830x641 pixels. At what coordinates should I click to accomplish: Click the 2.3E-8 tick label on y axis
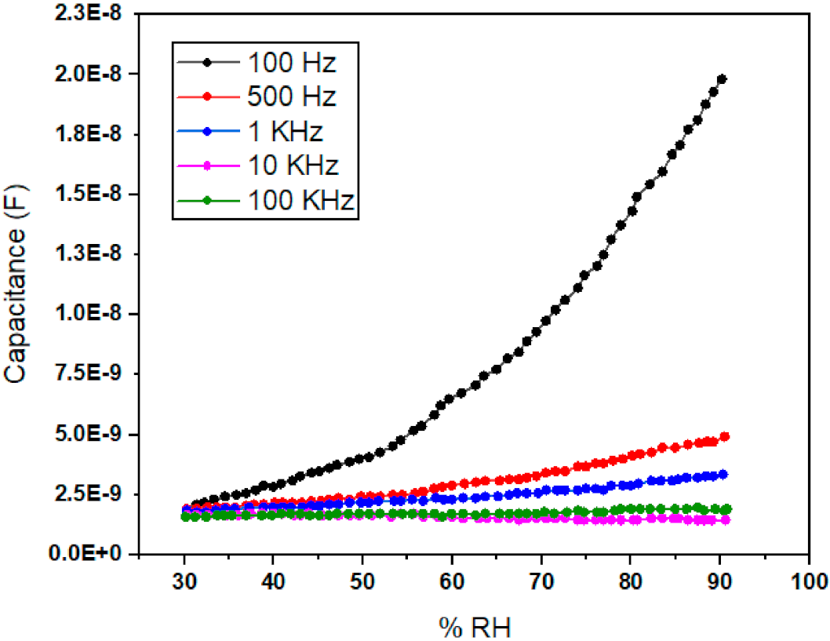point(88,13)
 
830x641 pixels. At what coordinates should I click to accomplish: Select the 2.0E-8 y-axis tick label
point(88,74)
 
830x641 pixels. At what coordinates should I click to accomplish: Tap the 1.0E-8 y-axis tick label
point(88,314)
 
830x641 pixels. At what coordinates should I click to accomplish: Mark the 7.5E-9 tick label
point(88,374)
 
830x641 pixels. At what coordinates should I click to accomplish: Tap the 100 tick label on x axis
point(808,581)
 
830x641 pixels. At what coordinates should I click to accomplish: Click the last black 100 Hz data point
point(722,79)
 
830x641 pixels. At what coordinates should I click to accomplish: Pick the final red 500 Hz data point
point(725,436)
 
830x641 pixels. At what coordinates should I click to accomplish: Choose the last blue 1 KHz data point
point(723,474)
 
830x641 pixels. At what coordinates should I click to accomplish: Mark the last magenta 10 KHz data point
point(726,520)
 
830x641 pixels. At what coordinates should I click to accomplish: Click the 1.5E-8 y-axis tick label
point(88,194)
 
